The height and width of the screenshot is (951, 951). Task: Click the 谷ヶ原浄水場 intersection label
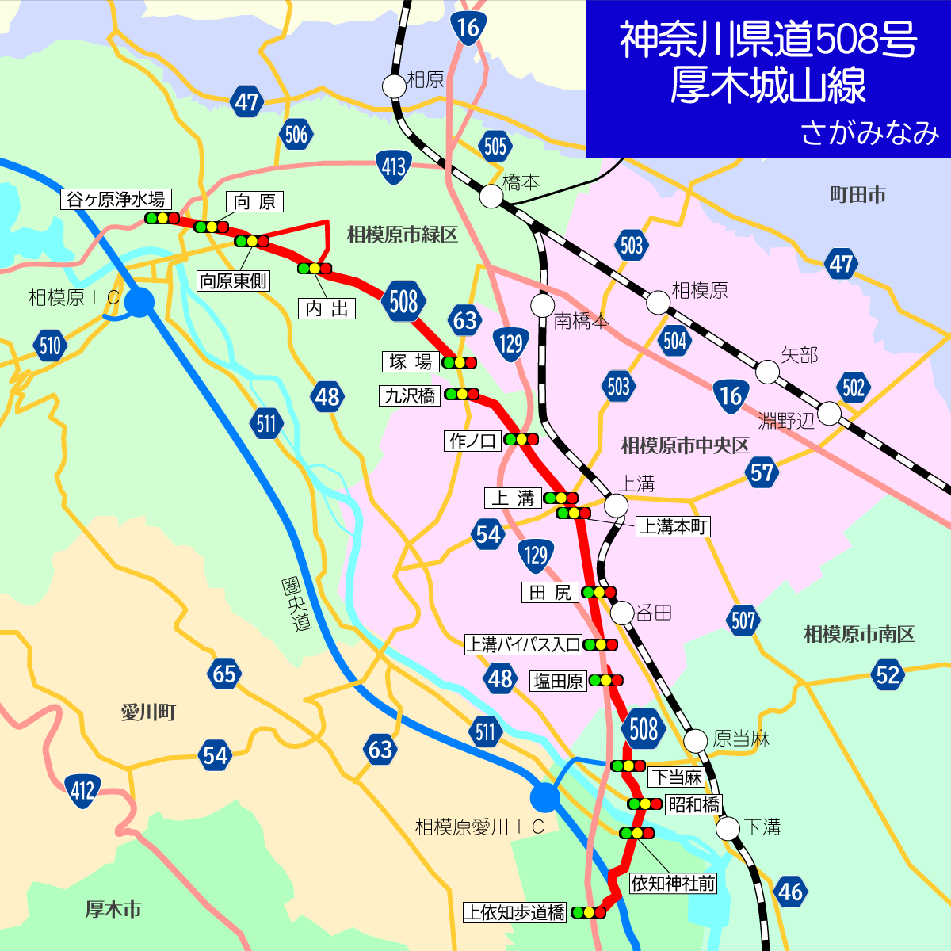click(116, 199)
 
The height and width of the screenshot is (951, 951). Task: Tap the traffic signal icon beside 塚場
click(460, 362)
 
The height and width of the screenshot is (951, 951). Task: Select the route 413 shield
click(394, 166)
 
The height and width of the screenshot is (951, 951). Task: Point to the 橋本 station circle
click(491, 196)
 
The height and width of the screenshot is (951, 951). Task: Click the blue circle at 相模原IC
click(140, 302)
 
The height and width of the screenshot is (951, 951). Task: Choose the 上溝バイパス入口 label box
click(523, 644)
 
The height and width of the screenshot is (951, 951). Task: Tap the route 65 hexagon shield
click(224, 674)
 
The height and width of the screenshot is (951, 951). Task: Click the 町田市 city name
click(857, 195)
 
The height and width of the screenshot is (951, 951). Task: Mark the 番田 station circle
click(622, 612)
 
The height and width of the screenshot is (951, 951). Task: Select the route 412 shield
click(82, 791)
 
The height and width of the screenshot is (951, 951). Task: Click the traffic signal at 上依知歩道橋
click(589, 912)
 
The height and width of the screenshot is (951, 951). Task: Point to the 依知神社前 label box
click(673, 883)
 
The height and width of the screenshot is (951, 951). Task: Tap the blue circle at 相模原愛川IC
click(544, 796)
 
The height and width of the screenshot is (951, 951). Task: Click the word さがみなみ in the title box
click(869, 133)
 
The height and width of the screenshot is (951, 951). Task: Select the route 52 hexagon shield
click(888, 674)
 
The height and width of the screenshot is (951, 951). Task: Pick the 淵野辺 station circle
click(829, 413)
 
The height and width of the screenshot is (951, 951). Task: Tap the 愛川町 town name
click(148, 712)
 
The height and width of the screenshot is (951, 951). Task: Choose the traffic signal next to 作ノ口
click(521, 439)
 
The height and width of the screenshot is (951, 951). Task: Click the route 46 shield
click(790, 892)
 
